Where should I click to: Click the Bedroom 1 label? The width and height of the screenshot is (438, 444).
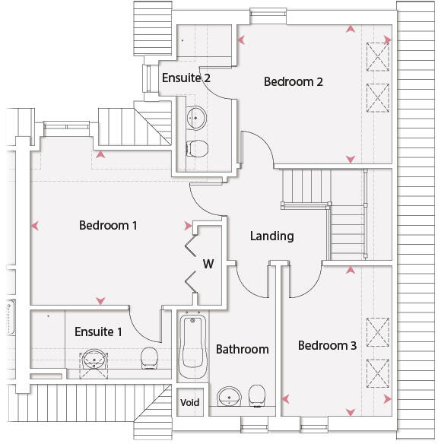click(108, 225)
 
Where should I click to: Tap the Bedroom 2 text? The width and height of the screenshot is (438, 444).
click(294, 81)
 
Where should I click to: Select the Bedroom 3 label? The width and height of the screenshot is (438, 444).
click(327, 345)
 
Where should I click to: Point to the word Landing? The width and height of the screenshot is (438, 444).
click(271, 236)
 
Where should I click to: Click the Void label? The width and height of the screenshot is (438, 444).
click(189, 402)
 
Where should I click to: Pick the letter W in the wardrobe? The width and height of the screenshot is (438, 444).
click(208, 264)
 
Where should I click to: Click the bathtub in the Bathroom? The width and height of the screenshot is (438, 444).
click(193, 345)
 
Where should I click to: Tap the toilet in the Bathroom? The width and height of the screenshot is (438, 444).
click(257, 395)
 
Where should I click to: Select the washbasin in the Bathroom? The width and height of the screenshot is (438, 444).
click(229, 396)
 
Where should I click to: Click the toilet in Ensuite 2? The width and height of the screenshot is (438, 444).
click(197, 148)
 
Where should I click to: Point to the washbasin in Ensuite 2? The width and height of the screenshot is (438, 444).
click(196, 118)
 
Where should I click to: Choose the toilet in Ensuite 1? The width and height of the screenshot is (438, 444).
click(149, 358)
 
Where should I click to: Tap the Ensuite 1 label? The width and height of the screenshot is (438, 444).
click(98, 331)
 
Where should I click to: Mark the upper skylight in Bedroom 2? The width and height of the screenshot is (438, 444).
click(378, 56)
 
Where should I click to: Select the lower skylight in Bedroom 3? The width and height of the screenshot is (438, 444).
click(378, 373)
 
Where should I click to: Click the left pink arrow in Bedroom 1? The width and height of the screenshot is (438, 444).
click(34, 226)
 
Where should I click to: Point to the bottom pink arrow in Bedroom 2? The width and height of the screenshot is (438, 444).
click(351, 159)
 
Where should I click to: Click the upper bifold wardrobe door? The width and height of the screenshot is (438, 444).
click(191, 246)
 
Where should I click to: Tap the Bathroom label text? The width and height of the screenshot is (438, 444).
click(243, 349)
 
